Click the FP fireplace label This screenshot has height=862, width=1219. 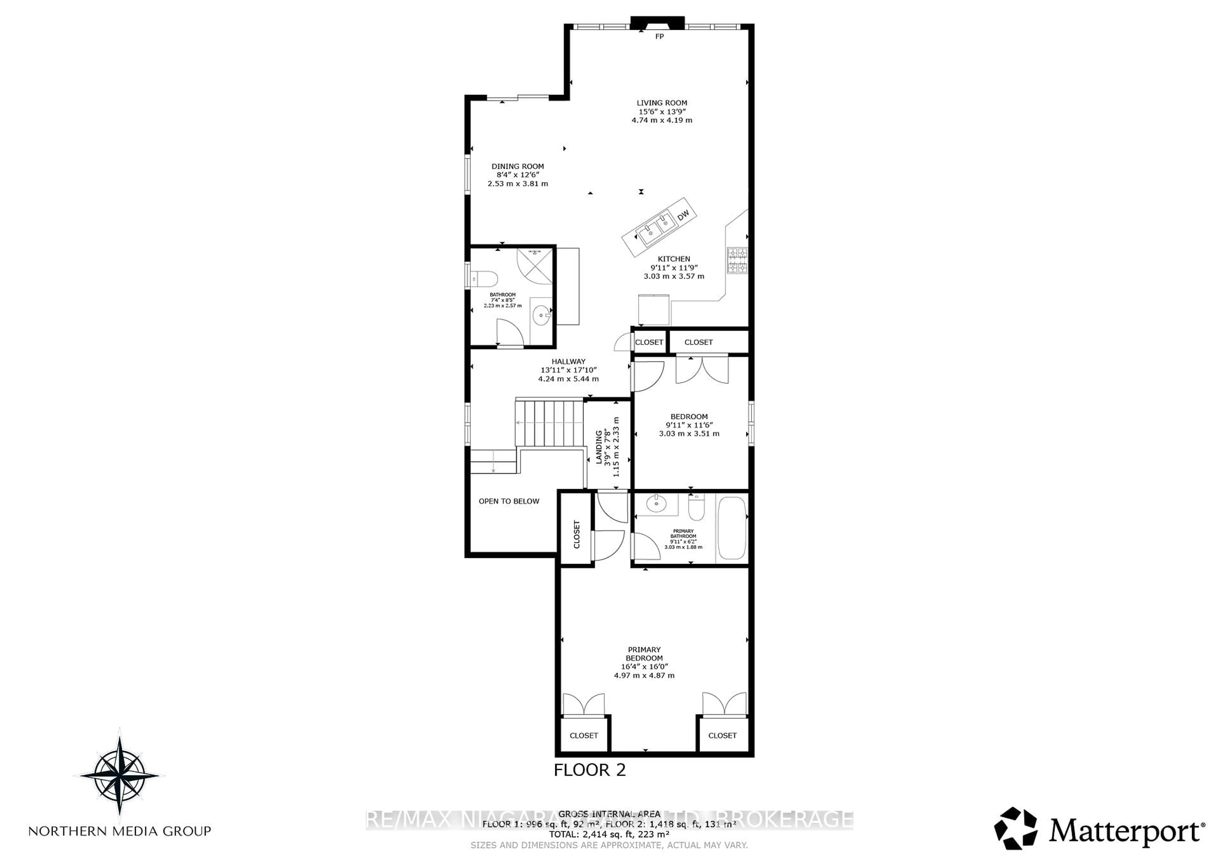pos(659,36)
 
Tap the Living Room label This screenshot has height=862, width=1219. pos(662,103)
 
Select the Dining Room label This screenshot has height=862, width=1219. pos(518,166)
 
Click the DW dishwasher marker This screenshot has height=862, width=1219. pos(683,215)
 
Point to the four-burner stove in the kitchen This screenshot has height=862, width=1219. pos(737,261)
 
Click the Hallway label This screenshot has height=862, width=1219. pos(568,361)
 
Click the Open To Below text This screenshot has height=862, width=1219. pos(509,501)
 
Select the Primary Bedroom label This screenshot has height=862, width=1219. pos(644,654)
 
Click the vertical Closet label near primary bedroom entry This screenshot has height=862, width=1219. pos(576,534)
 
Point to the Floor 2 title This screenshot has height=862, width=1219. pos(589,770)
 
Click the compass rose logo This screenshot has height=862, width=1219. pos(119,775)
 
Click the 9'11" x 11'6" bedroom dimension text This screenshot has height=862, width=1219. pos(689,425)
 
